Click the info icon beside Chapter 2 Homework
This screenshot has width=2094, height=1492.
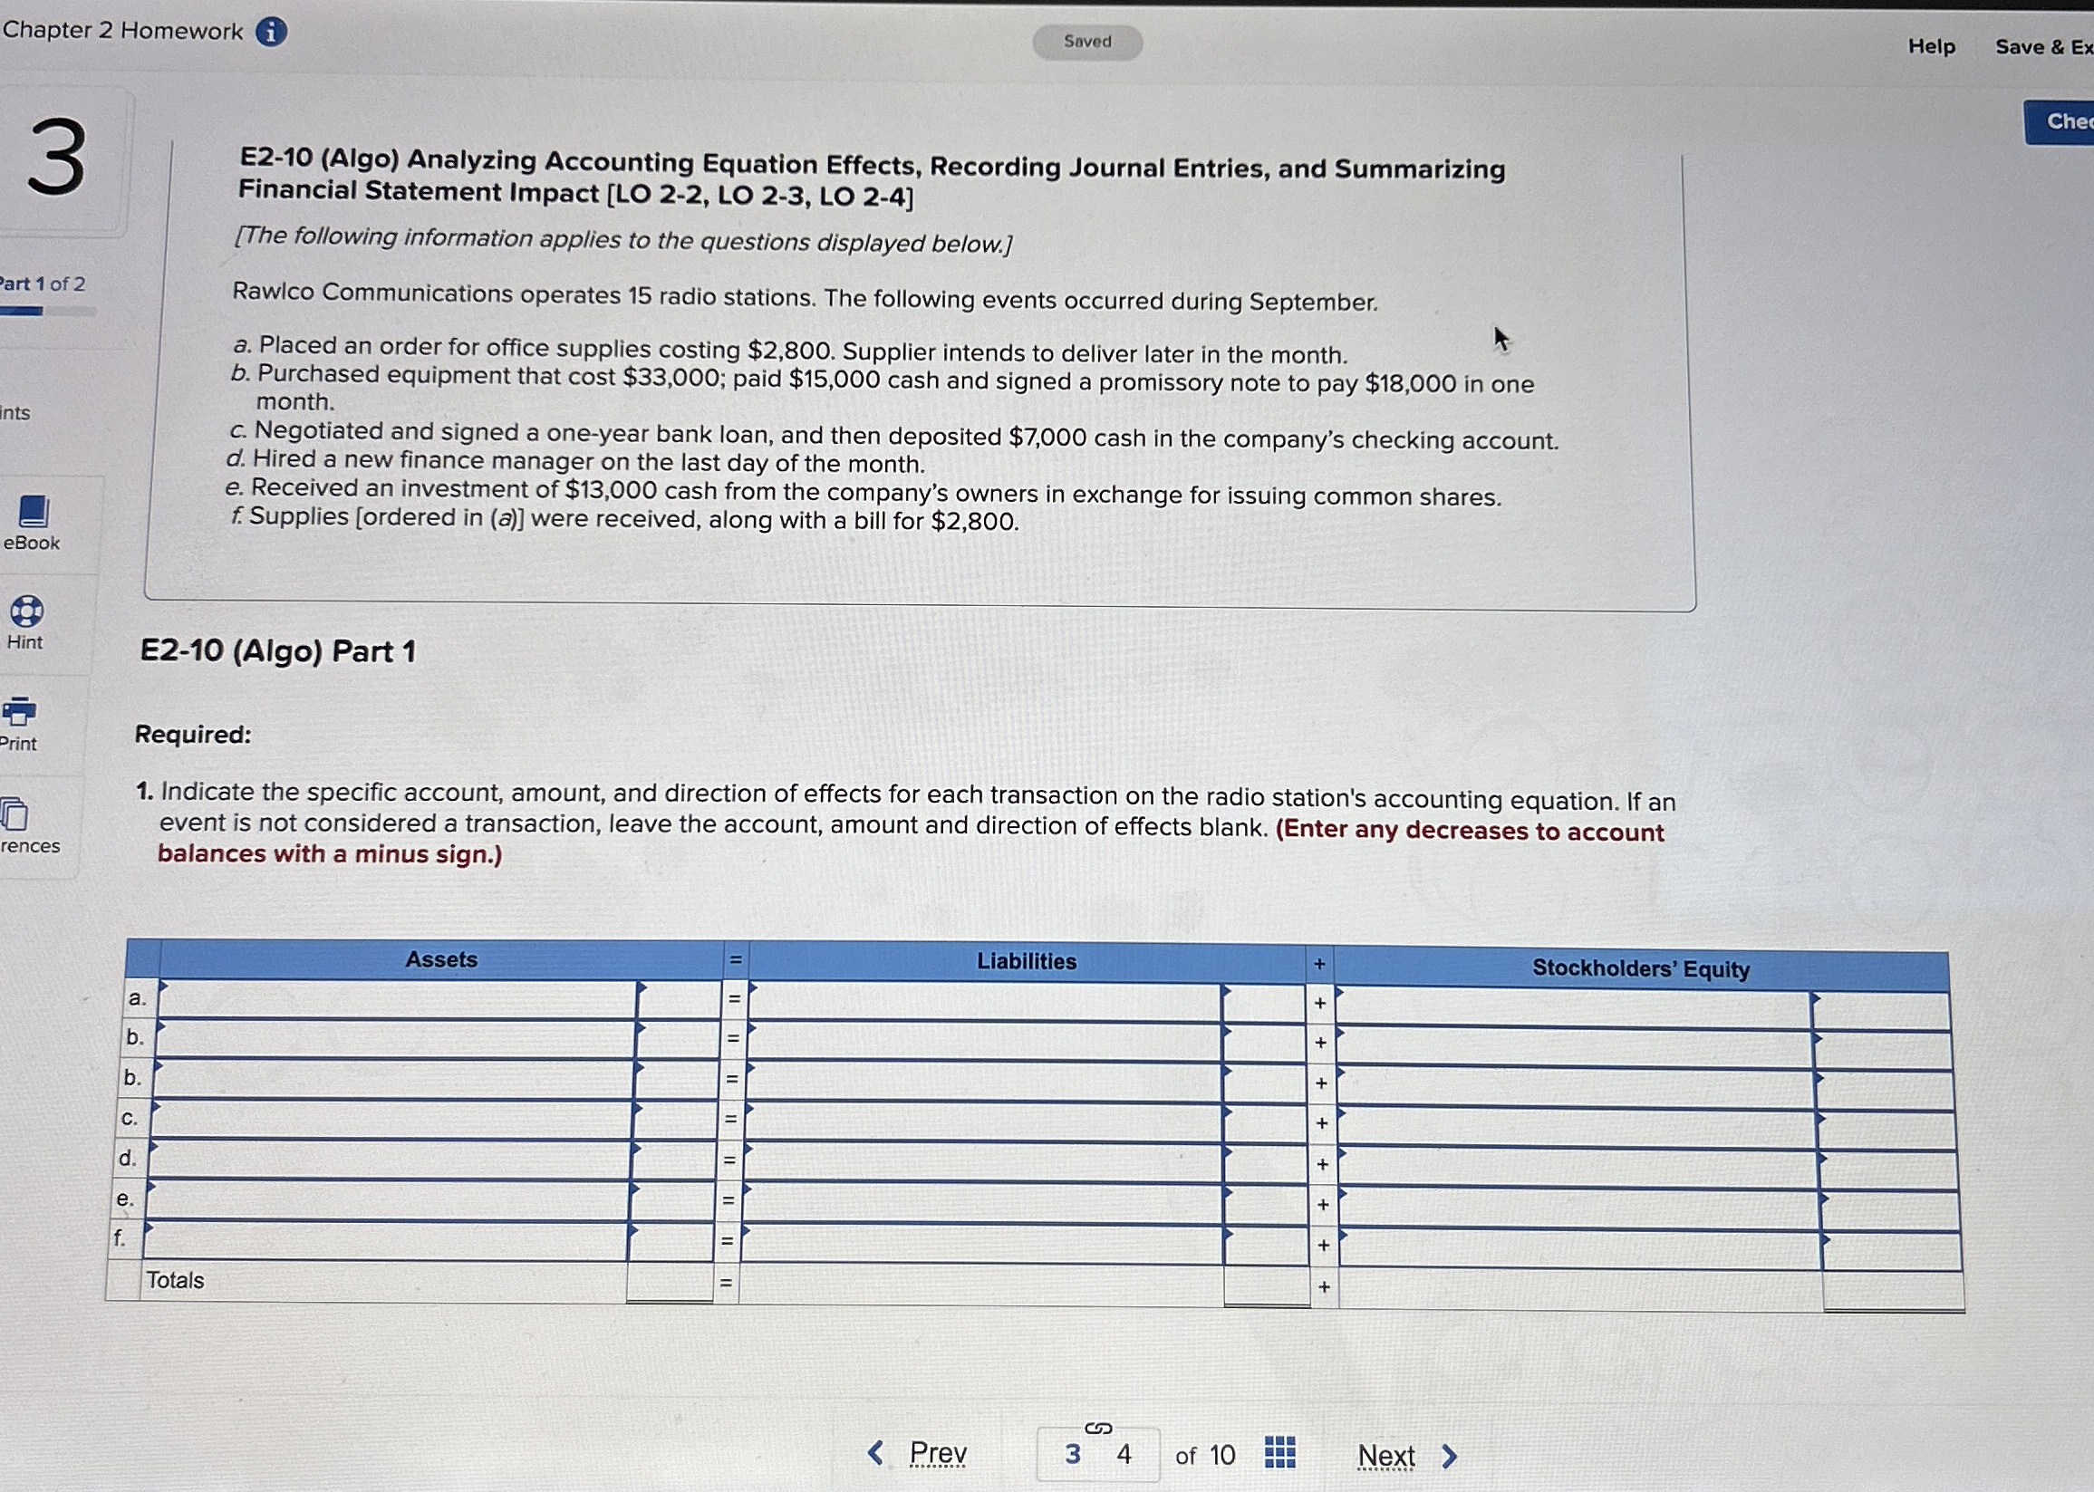(x=270, y=32)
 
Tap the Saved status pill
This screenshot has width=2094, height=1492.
(x=1087, y=43)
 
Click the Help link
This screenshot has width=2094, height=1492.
(x=1932, y=47)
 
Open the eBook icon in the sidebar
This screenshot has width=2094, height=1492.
(x=34, y=512)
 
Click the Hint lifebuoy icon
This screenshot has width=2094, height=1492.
(x=26, y=611)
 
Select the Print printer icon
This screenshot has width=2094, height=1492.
(x=19, y=711)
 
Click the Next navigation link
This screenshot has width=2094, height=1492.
(x=1385, y=1456)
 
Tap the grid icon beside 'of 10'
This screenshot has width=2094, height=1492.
(x=1279, y=1452)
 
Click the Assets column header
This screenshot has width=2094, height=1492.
(x=441, y=959)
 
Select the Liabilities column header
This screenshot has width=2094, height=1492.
(x=1027, y=961)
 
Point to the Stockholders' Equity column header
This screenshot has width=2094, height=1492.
(x=1640, y=968)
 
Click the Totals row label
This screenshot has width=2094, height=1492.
(x=176, y=1280)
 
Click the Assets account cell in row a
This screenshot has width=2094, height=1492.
(x=397, y=998)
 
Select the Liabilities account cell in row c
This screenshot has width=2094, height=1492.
(x=983, y=1121)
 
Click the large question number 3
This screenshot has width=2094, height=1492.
(x=57, y=158)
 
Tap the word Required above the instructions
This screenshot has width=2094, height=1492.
(x=193, y=735)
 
